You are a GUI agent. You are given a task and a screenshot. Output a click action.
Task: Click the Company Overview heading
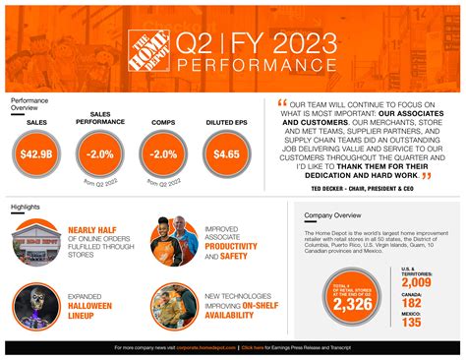333,213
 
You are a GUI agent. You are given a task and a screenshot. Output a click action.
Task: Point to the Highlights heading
26,208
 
